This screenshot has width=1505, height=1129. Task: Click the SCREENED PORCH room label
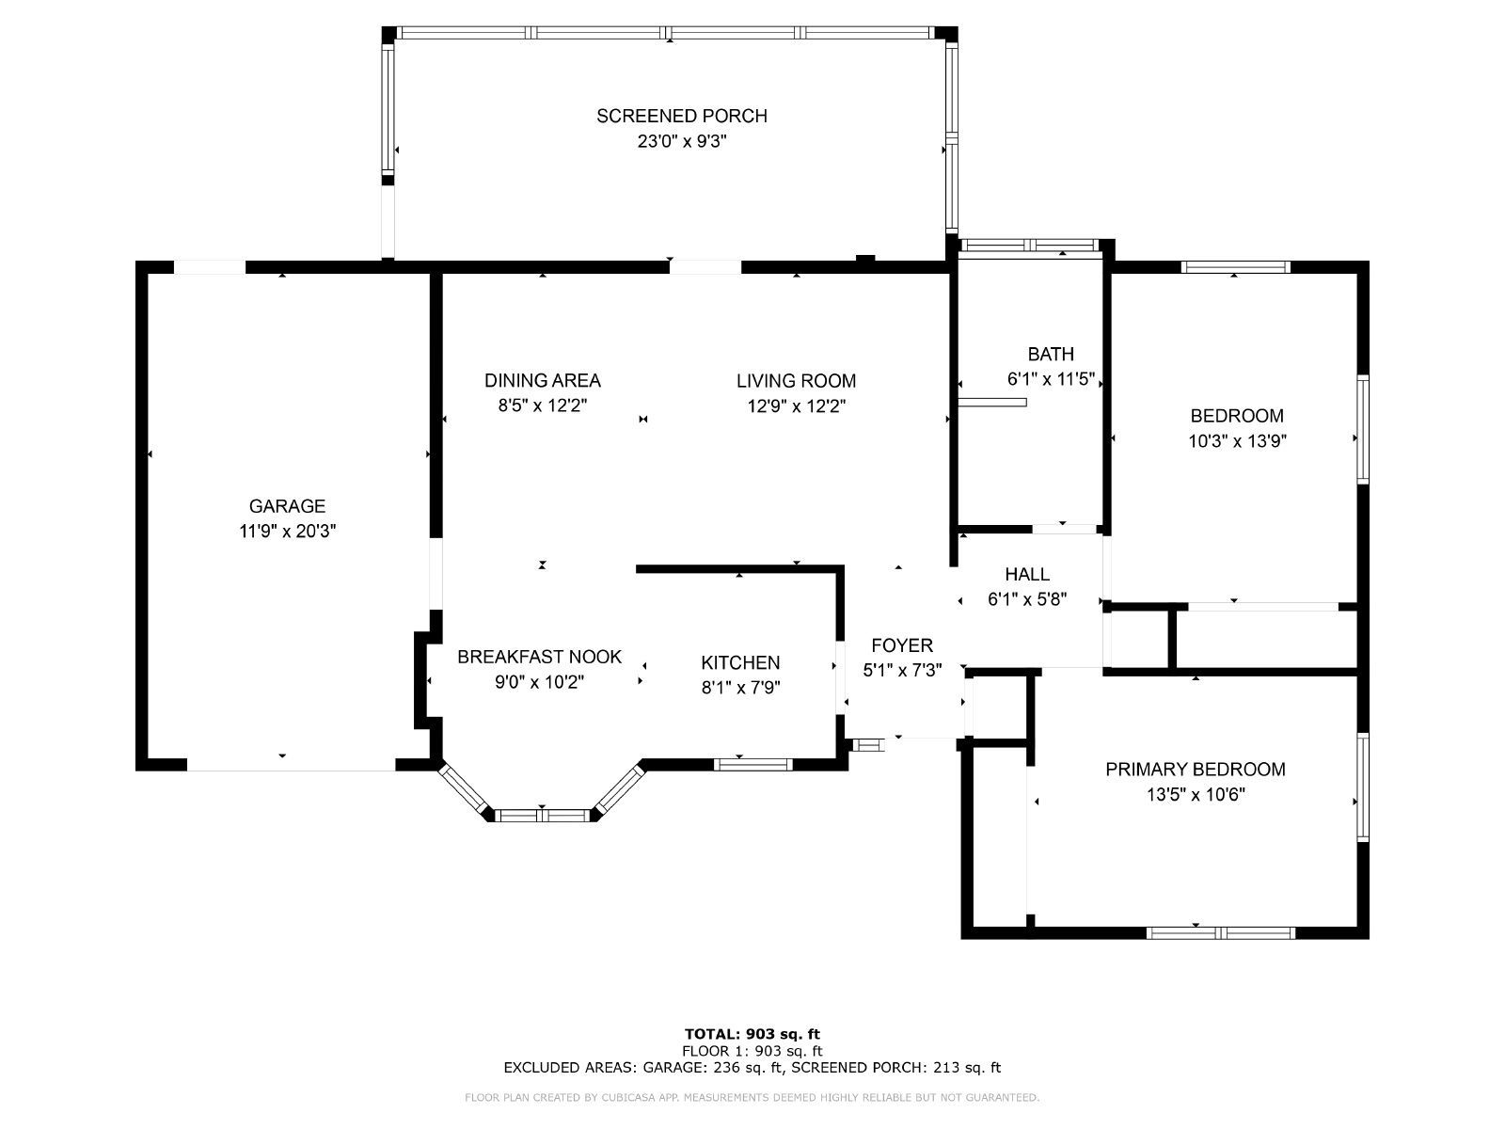[x=682, y=116]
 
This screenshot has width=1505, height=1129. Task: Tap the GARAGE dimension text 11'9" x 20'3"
[x=287, y=532]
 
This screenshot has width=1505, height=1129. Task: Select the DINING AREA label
[x=543, y=380]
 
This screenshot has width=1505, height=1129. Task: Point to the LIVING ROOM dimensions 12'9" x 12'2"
[x=796, y=406]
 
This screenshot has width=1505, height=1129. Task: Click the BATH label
[x=1051, y=355]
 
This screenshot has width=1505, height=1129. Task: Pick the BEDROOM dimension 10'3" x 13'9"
[x=1237, y=440]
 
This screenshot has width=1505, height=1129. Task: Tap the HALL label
[x=1027, y=575]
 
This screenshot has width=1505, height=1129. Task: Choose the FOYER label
[x=902, y=645]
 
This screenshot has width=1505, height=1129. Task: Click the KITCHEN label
[x=740, y=663]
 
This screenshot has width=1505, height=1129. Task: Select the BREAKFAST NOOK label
[x=540, y=657]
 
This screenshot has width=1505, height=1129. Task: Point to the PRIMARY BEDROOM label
[x=1196, y=769]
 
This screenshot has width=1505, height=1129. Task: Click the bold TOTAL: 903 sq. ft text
[x=752, y=1034]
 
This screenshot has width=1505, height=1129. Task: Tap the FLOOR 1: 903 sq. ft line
[x=752, y=1051]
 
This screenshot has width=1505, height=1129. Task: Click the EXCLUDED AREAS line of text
[x=752, y=1067]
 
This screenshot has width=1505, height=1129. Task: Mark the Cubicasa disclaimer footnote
[x=752, y=1097]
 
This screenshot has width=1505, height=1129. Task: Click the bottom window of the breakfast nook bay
[x=543, y=815]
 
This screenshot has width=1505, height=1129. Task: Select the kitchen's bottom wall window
[x=752, y=764]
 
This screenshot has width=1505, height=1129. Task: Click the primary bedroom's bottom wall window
[x=1220, y=933]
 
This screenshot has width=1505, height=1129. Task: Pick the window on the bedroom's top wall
[x=1236, y=267]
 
